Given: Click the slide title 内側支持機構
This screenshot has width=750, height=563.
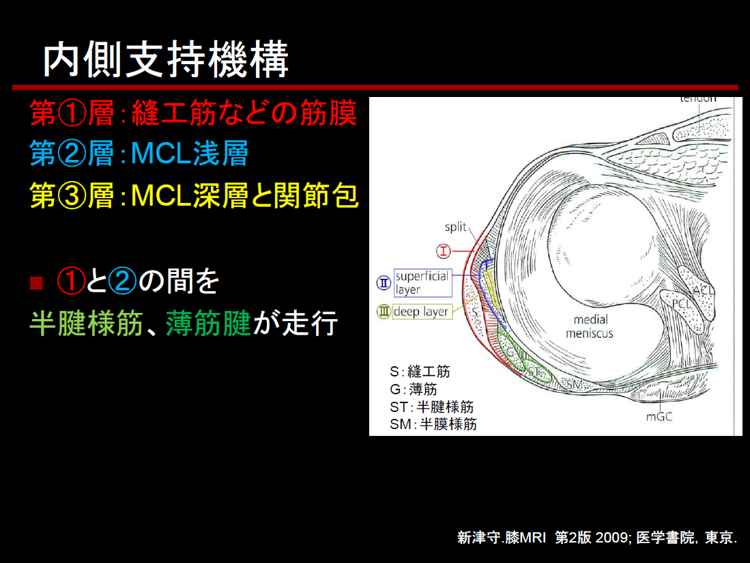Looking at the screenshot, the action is tap(166, 60).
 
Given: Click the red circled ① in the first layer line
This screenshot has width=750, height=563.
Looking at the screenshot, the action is tap(72, 113).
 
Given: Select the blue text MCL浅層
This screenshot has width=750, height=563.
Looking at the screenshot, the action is tap(190, 154).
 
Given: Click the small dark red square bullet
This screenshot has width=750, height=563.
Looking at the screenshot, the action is tap(36, 283).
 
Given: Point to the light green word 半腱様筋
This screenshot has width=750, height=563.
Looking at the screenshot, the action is tap(86, 323).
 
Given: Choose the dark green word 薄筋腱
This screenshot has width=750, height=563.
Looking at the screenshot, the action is tap(209, 323).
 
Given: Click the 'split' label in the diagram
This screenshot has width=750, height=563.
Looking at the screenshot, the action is tap(455, 226).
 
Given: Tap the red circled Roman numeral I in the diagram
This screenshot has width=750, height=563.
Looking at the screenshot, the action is tap(444, 250).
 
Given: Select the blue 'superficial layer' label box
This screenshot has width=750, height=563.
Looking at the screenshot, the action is tap(423, 282).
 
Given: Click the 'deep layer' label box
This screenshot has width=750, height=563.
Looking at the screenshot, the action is tap(422, 312).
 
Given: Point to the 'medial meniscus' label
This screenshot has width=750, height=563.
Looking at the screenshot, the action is tap(590, 327).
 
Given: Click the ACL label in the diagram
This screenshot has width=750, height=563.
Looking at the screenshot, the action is tap(703, 290).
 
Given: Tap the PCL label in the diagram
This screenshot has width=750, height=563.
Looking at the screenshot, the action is tap(682, 304).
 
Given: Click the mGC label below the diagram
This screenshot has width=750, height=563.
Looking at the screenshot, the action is tap(659, 417).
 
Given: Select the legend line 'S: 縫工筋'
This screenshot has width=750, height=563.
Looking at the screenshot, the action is tap(420, 372).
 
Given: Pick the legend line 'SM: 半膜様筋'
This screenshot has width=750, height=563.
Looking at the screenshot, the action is tap(433, 424).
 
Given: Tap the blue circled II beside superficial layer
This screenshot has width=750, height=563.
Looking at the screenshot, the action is tap(384, 283).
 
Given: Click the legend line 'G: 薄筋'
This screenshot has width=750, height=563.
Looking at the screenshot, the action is tap(414, 389).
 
